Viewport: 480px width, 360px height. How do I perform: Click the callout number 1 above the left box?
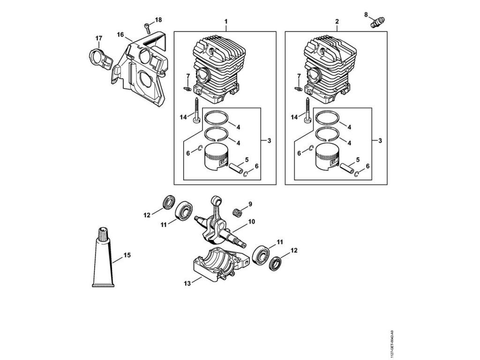point(226,22)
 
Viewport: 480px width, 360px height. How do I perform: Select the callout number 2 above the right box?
point(337,22)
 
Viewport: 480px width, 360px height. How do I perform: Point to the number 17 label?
point(99,38)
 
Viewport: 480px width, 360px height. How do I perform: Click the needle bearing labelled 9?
point(238,210)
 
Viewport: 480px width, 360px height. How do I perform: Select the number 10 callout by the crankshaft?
point(251,221)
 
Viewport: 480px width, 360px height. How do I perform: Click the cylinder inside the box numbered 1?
point(218,70)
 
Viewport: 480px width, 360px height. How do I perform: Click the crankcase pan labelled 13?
point(218,267)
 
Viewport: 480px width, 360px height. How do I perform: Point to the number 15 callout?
point(127,255)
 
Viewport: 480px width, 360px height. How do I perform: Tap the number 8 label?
point(366,15)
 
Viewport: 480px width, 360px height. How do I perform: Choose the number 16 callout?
point(120,35)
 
